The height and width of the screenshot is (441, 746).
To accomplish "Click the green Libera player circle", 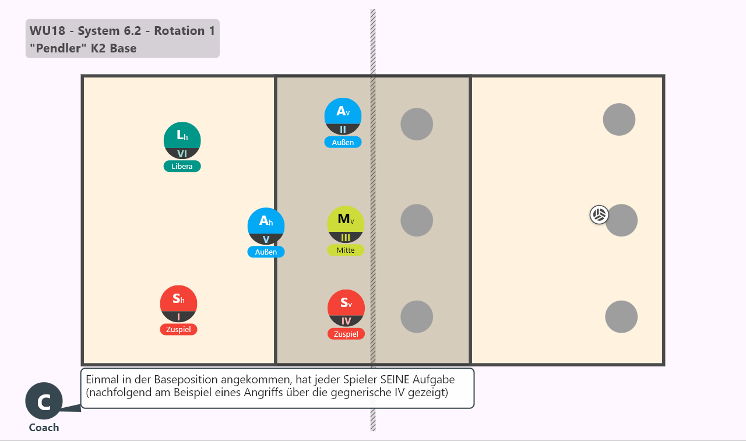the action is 182,140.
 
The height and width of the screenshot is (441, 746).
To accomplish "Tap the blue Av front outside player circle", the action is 343,116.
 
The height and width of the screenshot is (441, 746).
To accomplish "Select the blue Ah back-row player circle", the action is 266,226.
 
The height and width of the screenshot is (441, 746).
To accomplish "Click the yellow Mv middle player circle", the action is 346,225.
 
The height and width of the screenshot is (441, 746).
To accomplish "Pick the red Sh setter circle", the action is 178,304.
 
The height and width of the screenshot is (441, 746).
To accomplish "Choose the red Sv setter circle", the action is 346,308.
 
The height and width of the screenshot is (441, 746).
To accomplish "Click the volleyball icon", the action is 599,215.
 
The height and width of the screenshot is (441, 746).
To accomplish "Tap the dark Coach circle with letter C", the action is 44,401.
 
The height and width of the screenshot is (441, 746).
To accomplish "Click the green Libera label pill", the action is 182,166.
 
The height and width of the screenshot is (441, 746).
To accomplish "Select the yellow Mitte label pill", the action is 346,251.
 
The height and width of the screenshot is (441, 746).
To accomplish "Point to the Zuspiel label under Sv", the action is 346,334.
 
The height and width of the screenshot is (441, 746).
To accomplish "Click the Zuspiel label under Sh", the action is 178,330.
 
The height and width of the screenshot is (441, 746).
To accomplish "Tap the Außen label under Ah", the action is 266,252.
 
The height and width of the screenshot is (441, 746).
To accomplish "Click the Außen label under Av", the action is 343,142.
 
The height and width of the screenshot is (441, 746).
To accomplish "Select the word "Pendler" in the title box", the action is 55,48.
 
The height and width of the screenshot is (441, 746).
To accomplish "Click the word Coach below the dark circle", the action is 44,428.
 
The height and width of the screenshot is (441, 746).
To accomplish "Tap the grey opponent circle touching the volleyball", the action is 621,220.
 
